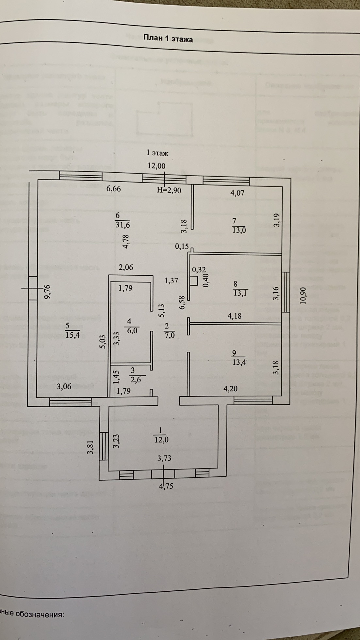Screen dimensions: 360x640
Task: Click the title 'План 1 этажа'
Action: pos(168,39)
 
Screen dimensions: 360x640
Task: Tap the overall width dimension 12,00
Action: pos(156,166)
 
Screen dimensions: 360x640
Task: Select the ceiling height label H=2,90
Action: pos(169,190)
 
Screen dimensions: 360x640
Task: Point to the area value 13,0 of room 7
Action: pos(239,230)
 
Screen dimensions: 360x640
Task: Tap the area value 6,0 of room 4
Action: pos(132,330)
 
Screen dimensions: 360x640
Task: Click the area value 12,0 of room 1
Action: pos(161,440)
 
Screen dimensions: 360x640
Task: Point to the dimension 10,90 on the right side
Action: pos(303,296)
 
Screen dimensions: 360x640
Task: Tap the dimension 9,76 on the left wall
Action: pos(48,292)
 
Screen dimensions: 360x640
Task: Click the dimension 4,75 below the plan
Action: pos(166,486)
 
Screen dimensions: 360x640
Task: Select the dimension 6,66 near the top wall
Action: pos(114,189)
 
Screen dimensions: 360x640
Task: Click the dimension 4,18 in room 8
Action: pos(234,316)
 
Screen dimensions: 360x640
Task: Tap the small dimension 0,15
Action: pos(182,246)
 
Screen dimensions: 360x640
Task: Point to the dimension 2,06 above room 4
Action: pos(126,267)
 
